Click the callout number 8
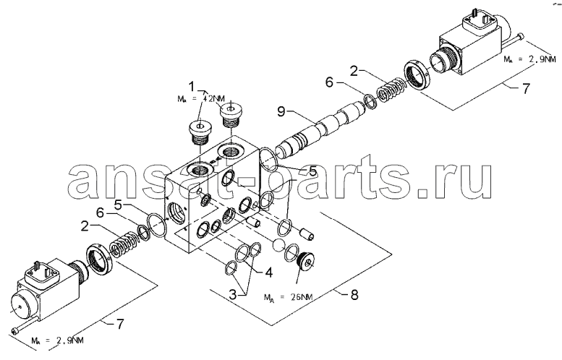(x=354, y=295)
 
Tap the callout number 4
(x=268, y=273)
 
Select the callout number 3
(x=233, y=295)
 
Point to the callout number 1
(x=192, y=86)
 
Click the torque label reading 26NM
(x=289, y=297)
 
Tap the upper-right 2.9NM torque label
(x=531, y=59)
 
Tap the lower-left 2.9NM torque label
(x=57, y=340)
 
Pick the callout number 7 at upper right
(x=524, y=88)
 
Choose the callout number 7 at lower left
(x=120, y=324)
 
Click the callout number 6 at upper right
(x=329, y=82)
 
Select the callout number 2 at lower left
(x=85, y=226)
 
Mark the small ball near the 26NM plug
(x=278, y=245)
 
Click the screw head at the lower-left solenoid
(x=14, y=332)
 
